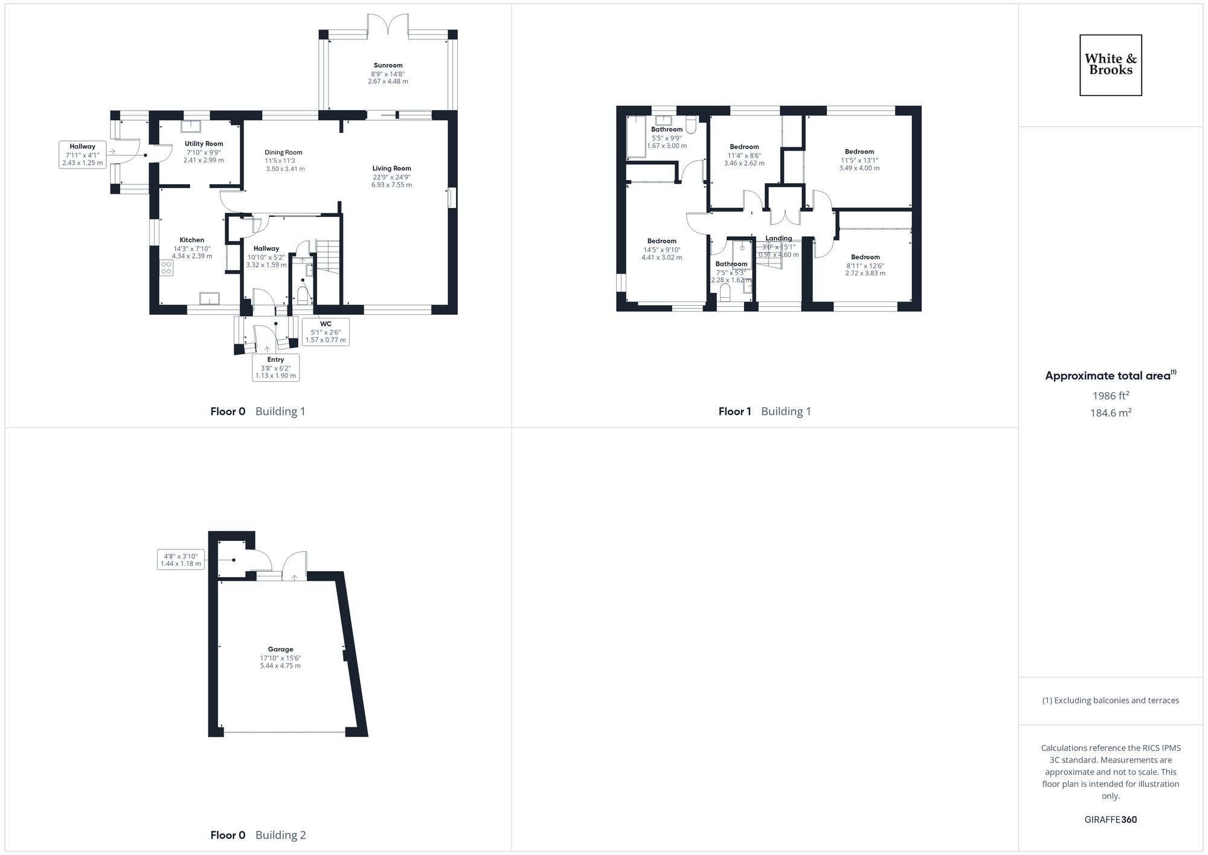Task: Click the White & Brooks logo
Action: click(x=1110, y=65)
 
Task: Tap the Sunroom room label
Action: click(x=388, y=65)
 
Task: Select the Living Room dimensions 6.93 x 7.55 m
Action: click(x=391, y=185)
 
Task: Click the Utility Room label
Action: click(x=204, y=144)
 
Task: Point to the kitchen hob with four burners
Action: click(x=166, y=268)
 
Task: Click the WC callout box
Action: click(x=326, y=332)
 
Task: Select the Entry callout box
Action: click(x=275, y=367)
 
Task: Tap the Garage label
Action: click(x=280, y=650)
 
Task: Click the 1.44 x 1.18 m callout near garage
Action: click(x=181, y=560)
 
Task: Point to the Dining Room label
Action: click(x=283, y=152)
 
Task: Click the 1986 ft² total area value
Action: click(x=1110, y=396)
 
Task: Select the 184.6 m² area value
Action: click(x=1110, y=413)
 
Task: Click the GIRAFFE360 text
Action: click(x=1110, y=820)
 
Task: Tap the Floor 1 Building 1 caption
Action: click(x=764, y=411)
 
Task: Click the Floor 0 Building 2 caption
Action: click(x=258, y=835)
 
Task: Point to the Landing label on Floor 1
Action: click(x=779, y=238)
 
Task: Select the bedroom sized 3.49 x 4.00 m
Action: click(x=859, y=160)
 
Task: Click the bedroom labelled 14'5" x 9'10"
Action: click(x=661, y=249)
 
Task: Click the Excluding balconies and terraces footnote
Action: click(x=1110, y=700)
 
